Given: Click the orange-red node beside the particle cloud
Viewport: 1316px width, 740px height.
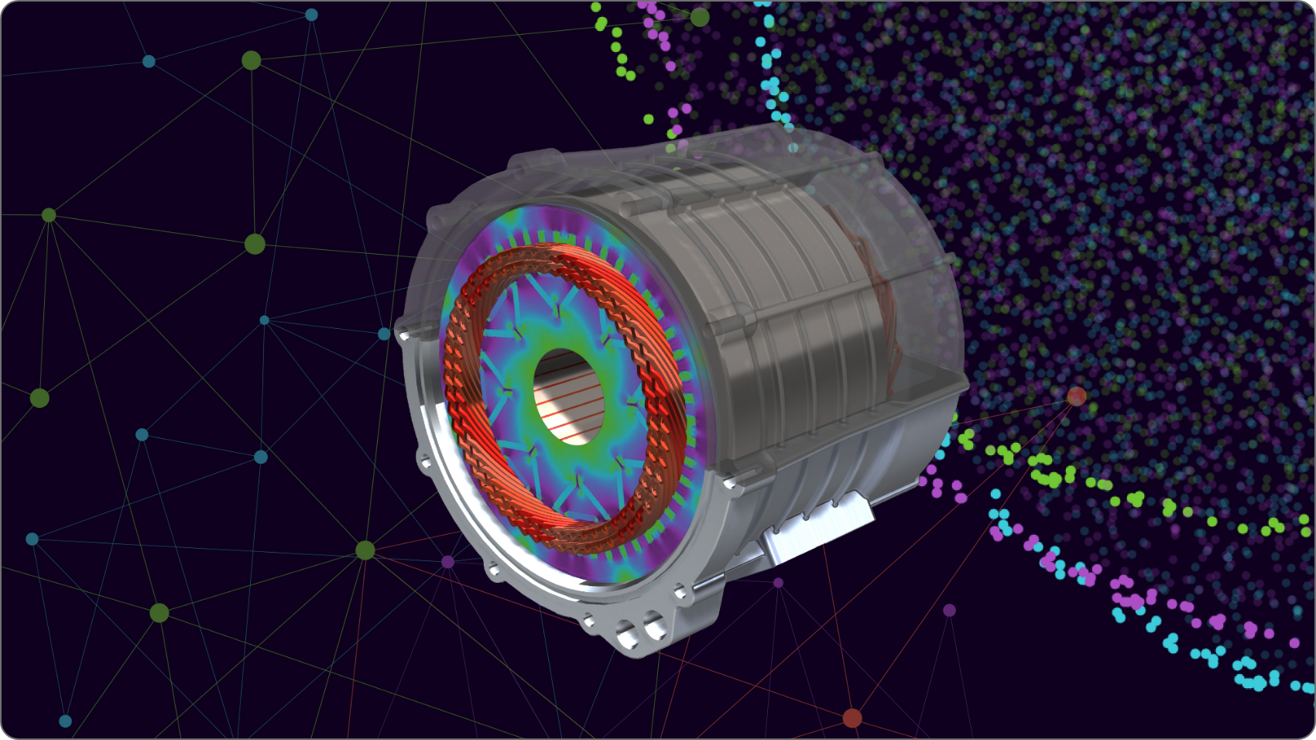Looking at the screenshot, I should click(x=1076, y=396).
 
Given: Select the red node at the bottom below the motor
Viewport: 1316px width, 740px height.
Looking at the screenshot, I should click(x=852, y=718).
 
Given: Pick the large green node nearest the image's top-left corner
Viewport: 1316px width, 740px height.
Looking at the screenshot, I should click(x=251, y=60).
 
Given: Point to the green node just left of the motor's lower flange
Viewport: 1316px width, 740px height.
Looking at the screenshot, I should click(x=365, y=550).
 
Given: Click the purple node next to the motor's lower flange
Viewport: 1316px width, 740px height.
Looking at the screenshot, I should click(x=447, y=561).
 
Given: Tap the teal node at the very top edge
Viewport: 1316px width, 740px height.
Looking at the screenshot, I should click(x=311, y=15).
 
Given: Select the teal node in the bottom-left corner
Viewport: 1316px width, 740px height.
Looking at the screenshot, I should click(x=65, y=721).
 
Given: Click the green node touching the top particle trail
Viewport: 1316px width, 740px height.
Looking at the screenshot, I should click(x=699, y=16).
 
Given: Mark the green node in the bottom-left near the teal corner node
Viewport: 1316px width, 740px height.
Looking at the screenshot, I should click(x=159, y=613).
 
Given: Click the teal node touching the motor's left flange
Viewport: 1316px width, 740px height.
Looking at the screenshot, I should click(x=384, y=334).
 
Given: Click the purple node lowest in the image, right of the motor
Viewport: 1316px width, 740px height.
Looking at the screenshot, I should click(x=949, y=610).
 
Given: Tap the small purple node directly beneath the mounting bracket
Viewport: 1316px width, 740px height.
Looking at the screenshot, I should click(x=778, y=582).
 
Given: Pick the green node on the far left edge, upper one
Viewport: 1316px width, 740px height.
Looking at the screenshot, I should click(x=49, y=215).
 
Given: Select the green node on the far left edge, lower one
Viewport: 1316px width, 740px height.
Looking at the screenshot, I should click(x=39, y=398).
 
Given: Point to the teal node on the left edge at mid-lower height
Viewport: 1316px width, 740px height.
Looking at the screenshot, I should click(x=32, y=539).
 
